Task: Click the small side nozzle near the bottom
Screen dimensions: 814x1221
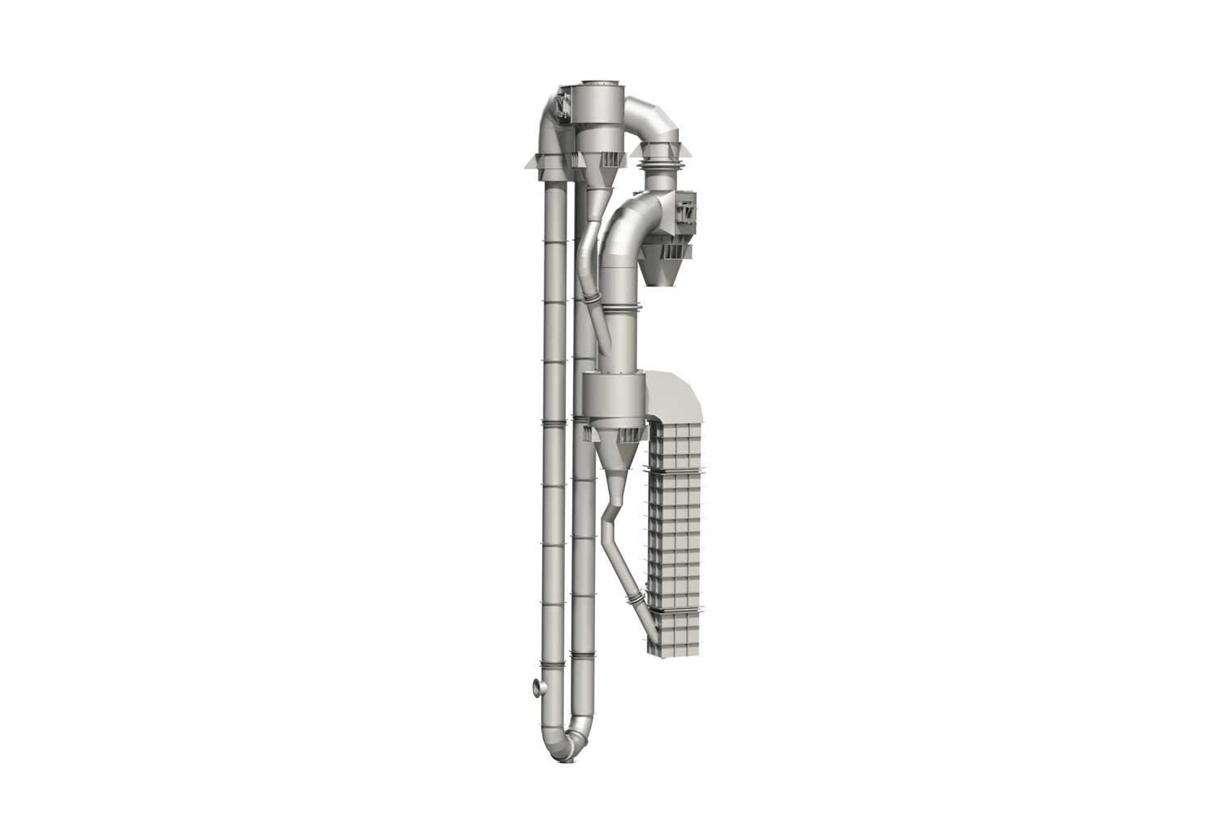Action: [538, 689]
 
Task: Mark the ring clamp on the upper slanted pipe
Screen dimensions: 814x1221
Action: [593, 305]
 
